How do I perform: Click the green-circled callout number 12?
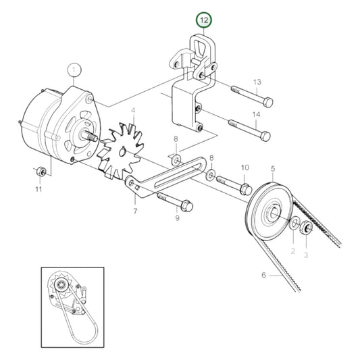204,20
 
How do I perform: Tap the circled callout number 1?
74,70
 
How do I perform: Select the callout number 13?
257,82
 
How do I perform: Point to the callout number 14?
257,114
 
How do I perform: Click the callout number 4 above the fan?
133,111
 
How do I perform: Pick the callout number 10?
245,168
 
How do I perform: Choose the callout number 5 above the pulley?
273,169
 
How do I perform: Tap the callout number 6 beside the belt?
263,275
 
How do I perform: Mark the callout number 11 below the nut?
38,189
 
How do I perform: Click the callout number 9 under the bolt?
177,218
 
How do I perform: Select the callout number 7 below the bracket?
135,211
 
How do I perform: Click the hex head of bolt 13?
268,103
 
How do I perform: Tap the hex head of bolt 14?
265,136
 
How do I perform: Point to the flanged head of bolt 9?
186,206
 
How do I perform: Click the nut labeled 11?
41,172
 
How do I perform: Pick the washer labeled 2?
294,223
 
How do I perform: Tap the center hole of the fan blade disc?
123,152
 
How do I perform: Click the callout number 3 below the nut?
306,255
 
